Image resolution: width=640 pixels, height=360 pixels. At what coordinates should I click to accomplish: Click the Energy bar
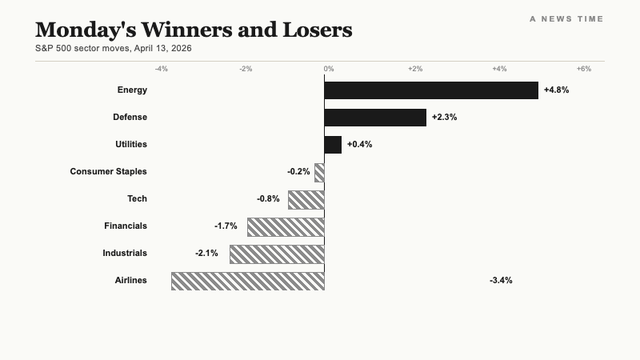click(430, 90)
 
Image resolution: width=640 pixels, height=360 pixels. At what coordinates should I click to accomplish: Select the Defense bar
click(374, 117)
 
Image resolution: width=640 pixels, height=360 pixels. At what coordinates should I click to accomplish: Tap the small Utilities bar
click(332, 144)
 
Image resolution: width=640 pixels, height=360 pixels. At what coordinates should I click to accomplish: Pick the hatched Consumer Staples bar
click(319, 172)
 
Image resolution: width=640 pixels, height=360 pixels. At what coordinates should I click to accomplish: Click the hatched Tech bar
click(306, 199)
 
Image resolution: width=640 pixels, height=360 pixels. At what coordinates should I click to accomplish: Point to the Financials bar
click(285, 226)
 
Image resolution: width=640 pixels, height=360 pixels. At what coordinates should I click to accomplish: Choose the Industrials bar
click(276, 254)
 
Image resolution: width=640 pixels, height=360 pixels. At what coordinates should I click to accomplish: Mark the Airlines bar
click(247, 281)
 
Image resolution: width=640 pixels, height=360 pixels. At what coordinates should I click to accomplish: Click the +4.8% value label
click(556, 90)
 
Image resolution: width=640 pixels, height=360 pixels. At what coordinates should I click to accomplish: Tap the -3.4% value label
click(501, 281)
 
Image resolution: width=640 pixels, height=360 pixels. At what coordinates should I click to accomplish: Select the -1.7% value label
click(226, 226)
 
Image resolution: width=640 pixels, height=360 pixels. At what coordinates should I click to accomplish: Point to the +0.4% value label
click(359, 145)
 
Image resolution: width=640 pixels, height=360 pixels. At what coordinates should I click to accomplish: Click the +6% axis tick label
click(584, 69)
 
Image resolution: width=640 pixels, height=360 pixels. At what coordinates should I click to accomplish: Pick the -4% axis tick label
click(162, 69)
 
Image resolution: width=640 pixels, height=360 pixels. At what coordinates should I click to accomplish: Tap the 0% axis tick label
click(328, 69)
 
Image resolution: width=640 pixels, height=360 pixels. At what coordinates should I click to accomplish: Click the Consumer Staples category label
click(108, 172)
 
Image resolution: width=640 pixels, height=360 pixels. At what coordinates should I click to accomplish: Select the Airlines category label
click(130, 281)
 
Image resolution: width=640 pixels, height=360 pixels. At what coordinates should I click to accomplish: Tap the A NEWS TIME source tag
click(566, 18)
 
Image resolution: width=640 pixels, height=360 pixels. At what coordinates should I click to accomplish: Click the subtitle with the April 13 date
click(113, 48)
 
